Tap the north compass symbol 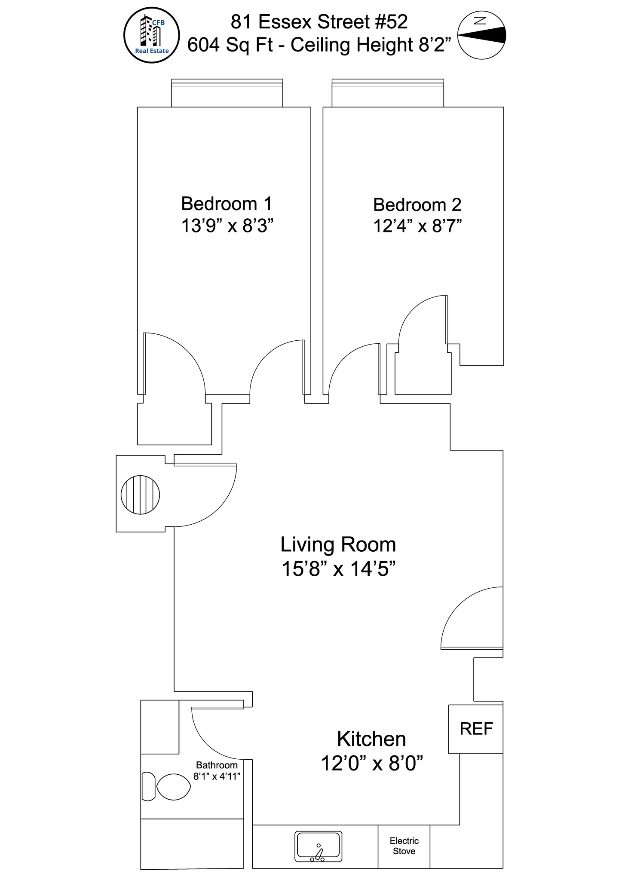[x=481, y=35]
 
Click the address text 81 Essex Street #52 [x=319, y=22]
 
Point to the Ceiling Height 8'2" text [x=371, y=45]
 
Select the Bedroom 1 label [x=227, y=204]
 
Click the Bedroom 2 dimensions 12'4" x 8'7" [x=417, y=226]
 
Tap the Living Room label [x=338, y=545]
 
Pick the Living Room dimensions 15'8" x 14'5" [x=338, y=569]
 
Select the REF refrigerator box [x=475, y=729]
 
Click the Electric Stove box [x=404, y=846]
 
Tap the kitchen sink [x=319, y=846]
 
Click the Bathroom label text [x=217, y=765]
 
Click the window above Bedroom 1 [x=227, y=93]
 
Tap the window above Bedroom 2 [x=388, y=93]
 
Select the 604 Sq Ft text [x=230, y=45]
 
